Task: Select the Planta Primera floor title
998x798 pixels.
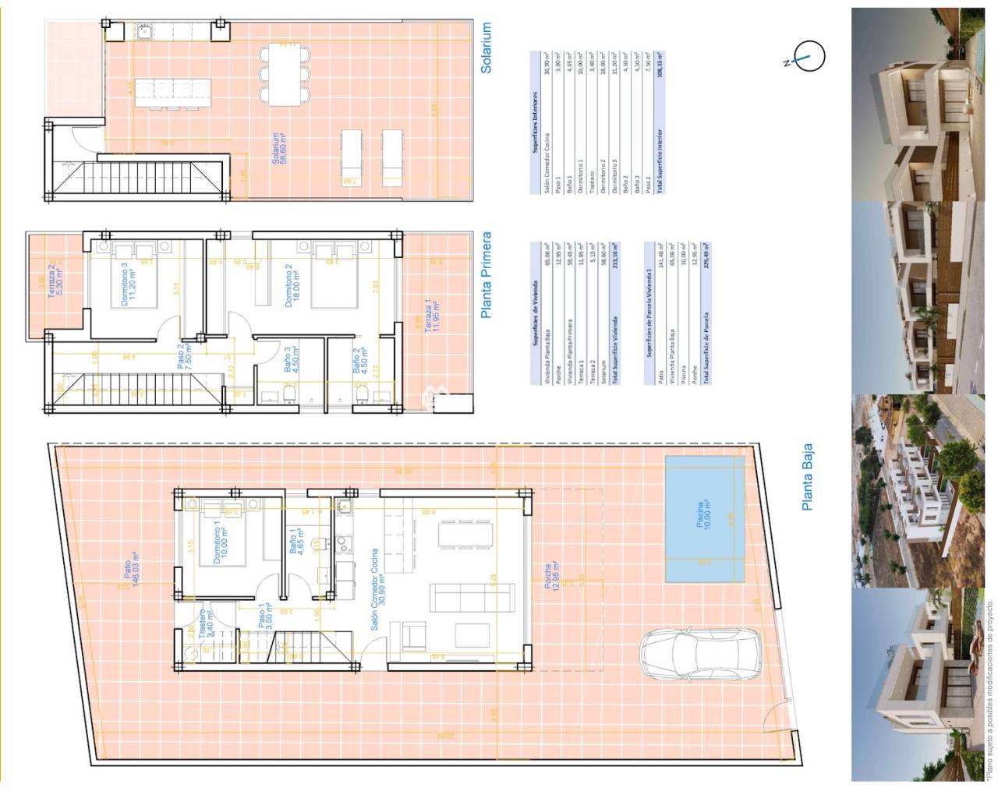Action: (x=487, y=274)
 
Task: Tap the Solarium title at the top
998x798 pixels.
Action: (x=487, y=48)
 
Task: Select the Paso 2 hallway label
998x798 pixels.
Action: (x=184, y=357)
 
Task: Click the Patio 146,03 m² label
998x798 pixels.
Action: (x=129, y=574)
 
